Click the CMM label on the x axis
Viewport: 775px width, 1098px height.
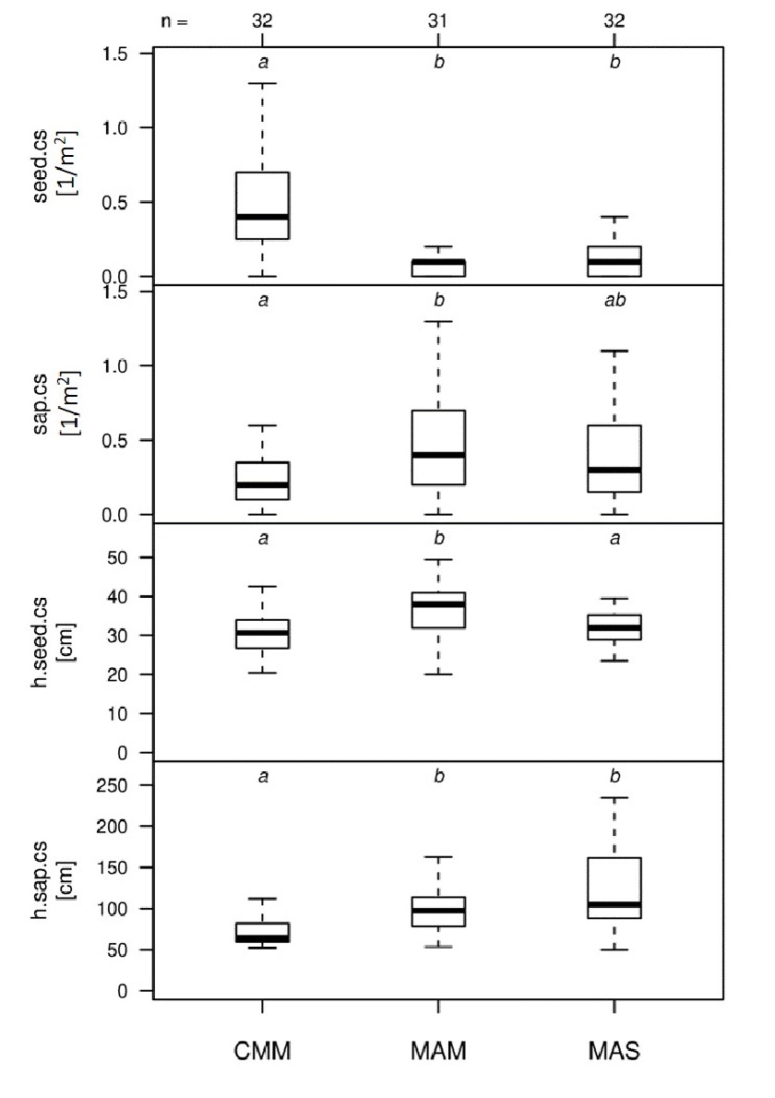point(262,1053)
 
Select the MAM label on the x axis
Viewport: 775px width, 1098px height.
point(438,1053)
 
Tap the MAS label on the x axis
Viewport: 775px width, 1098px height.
point(614,1053)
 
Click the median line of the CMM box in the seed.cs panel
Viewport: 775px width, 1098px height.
point(262,217)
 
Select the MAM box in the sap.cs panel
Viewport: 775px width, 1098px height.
point(438,448)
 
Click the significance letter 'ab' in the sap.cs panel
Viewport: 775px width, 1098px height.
point(614,300)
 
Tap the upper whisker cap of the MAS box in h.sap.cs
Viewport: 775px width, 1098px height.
point(614,797)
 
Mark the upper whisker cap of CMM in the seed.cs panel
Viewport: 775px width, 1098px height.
point(262,83)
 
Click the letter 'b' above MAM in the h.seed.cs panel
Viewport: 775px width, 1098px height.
point(438,538)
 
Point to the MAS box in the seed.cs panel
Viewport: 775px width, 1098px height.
point(614,261)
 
